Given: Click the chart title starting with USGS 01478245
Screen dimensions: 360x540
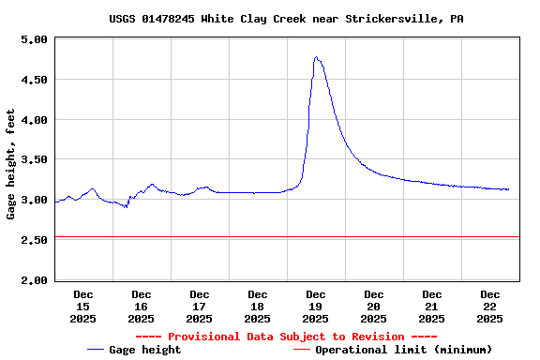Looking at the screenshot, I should (286, 19).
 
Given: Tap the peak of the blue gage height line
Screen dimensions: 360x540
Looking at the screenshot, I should (316, 58).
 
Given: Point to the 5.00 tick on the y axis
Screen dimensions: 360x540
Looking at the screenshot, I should (34, 40).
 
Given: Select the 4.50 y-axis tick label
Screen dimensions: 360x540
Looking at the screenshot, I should (34, 81).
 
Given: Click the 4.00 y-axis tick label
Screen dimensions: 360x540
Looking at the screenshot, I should (34, 120).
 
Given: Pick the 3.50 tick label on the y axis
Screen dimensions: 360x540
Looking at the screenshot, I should (34, 160).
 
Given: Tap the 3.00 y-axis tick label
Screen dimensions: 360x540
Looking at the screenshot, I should (34, 201).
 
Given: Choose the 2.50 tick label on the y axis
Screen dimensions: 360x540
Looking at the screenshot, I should (34, 241).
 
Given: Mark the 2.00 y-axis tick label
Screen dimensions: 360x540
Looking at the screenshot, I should (34, 280).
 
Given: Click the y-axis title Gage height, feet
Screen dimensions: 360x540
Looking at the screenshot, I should (11, 164).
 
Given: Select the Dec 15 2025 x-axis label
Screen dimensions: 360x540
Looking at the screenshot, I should (83, 307).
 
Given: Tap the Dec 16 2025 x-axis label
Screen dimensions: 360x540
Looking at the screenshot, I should (142, 307).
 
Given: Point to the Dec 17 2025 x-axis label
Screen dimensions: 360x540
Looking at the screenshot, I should (200, 307).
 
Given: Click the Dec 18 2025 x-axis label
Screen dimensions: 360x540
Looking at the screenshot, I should (258, 307).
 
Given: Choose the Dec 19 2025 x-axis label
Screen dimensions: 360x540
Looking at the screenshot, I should (316, 307).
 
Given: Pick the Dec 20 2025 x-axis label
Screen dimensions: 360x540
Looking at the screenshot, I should (374, 307).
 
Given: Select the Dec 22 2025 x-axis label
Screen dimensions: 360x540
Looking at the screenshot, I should (490, 307).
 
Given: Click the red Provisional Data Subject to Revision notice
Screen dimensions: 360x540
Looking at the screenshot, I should (286, 337).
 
